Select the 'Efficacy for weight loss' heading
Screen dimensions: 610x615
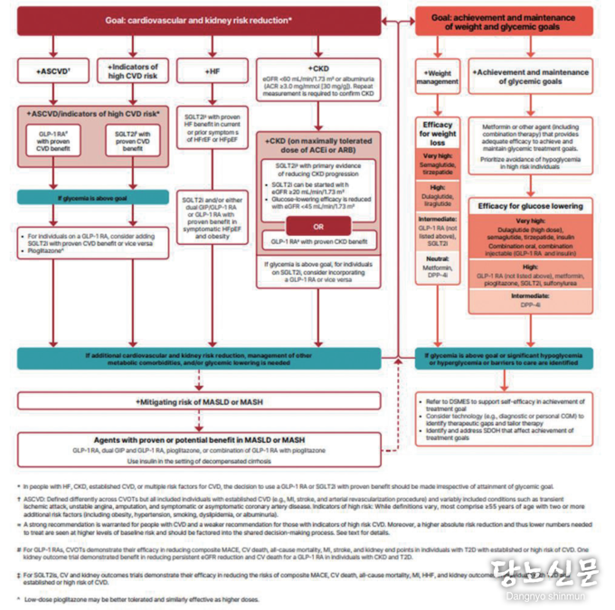pyautogui.click(x=438, y=133)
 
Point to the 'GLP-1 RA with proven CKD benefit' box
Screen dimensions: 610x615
pyautogui.click(x=318, y=242)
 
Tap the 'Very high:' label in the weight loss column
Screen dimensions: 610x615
pyautogui.click(x=438, y=155)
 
